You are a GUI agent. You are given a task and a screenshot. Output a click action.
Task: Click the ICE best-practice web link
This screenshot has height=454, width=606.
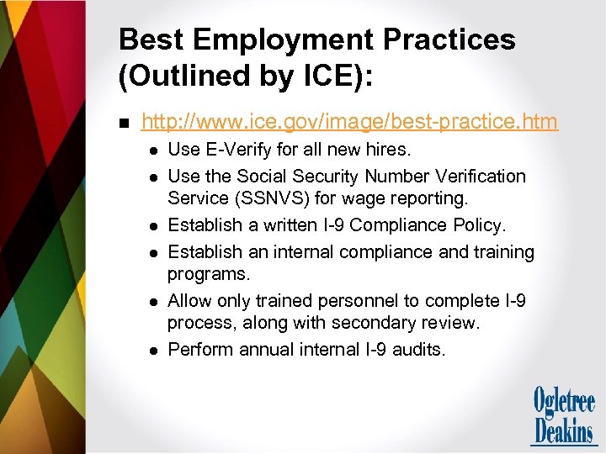[x=349, y=123]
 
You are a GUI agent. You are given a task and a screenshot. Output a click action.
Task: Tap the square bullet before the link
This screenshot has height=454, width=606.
[x=125, y=124]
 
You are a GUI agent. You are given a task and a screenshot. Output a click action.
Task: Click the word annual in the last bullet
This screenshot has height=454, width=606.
[x=267, y=349]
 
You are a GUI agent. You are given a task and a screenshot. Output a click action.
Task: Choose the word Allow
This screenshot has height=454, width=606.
[x=190, y=300]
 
